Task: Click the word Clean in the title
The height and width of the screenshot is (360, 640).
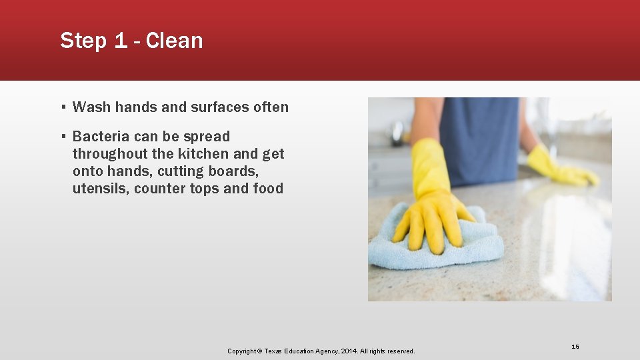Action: tap(174, 41)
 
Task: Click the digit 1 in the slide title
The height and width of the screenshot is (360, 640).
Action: tap(120, 41)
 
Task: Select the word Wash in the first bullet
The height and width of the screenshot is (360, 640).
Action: tap(87, 107)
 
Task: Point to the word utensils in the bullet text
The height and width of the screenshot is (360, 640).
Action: tap(101, 189)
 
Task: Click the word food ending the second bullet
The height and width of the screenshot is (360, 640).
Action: tap(268, 189)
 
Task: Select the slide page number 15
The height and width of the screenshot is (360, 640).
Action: tap(575, 347)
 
